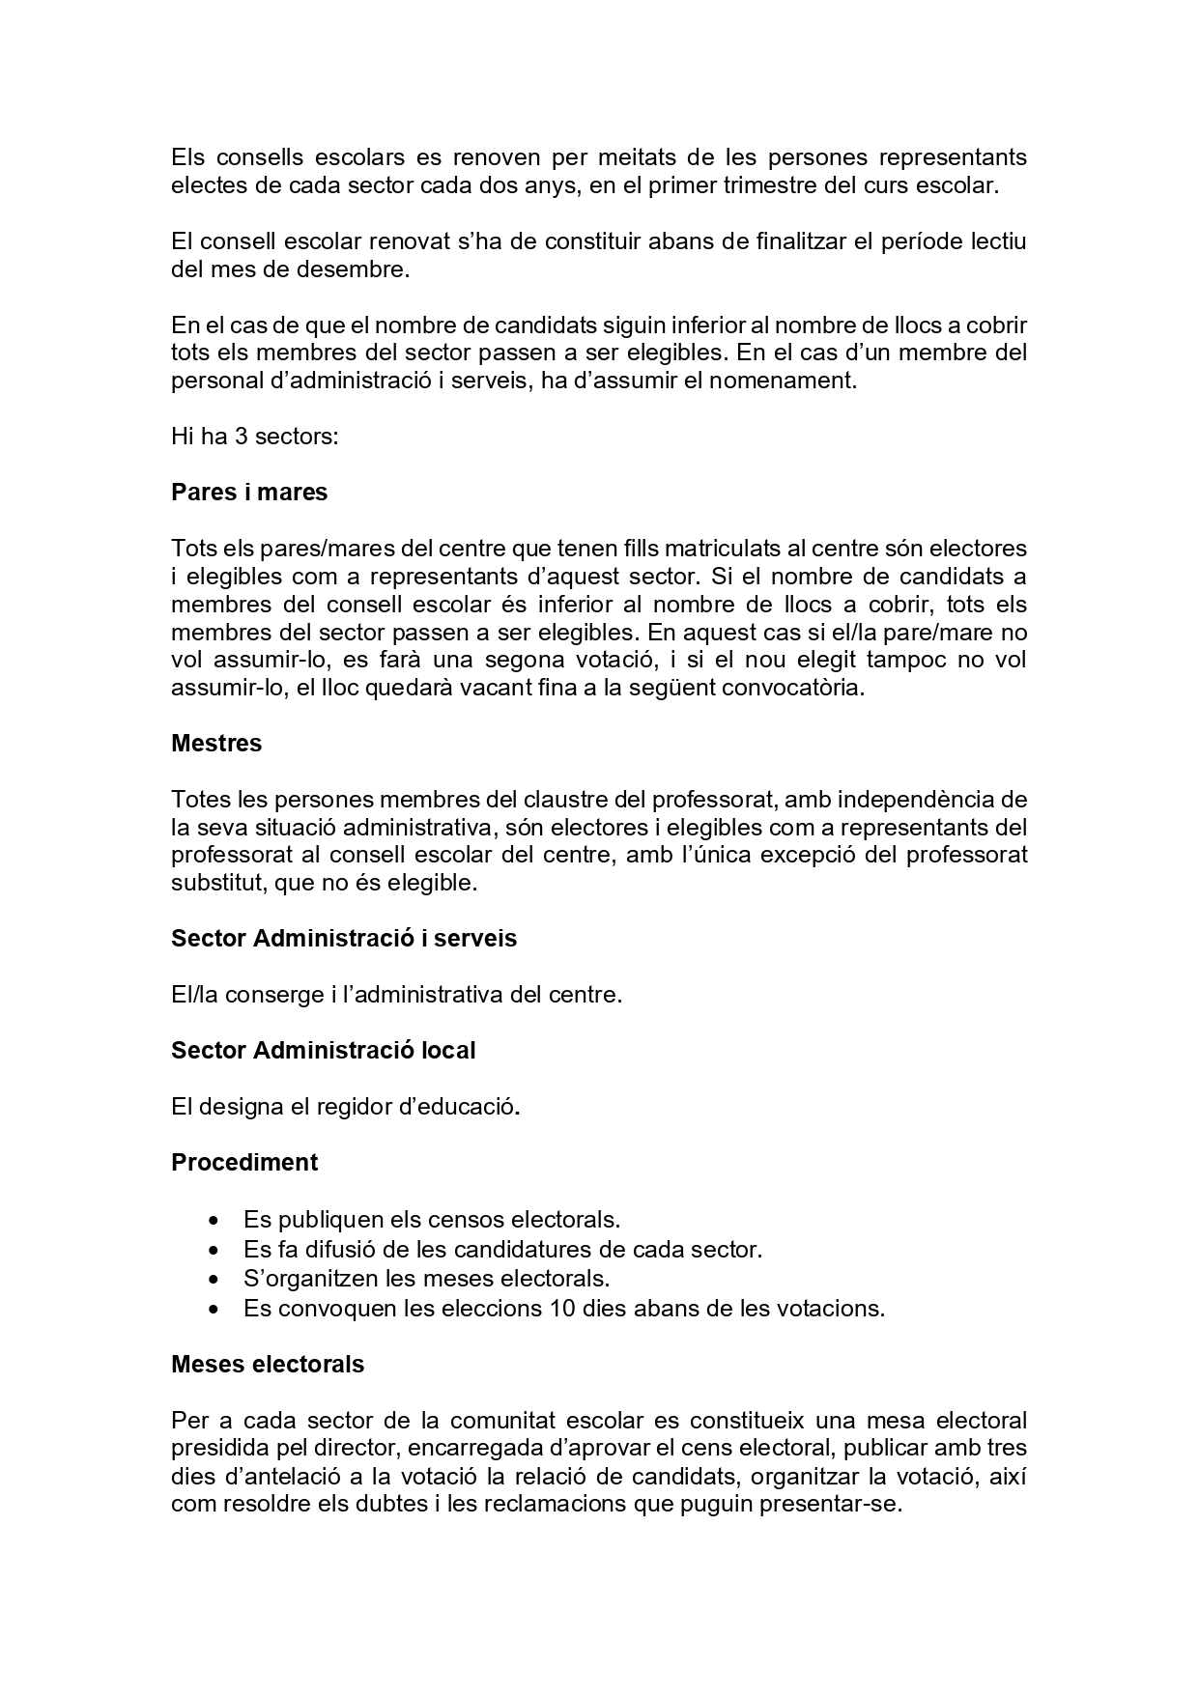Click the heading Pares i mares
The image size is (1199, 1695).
pos(249,493)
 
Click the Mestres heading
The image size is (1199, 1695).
pos(216,744)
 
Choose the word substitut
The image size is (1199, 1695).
pos(218,883)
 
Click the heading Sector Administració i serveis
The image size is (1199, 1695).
pos(344,939)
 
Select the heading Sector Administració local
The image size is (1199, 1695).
pos(323,1050)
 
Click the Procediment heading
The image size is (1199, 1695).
pos(244,1162)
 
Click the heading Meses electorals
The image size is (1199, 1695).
pos(268,1365)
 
